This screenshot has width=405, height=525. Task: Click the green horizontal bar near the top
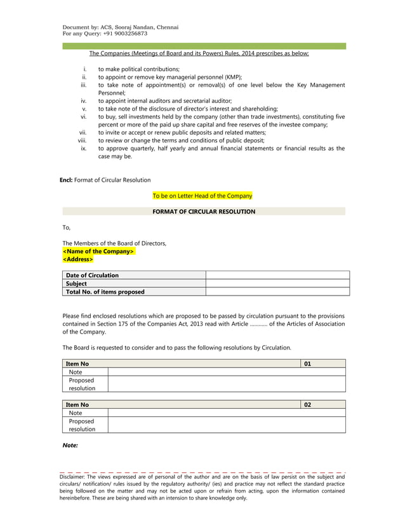point(203,46)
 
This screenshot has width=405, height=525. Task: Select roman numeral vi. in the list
point(83,117)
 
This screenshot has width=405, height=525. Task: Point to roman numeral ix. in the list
point(83,148)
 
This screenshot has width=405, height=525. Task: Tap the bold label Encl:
point(65,180)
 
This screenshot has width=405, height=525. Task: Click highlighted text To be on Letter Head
point(202,196)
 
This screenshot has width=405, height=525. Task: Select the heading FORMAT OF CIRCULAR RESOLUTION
point(204,212)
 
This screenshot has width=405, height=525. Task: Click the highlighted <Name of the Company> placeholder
point(98,251)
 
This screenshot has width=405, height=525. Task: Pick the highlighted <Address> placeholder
point(78,259)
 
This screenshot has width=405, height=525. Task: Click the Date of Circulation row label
point(92,275)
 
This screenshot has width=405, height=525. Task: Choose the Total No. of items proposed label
point(105,292)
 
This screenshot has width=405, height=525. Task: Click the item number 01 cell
point(322,364)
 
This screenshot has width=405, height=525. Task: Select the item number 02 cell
point(322,404)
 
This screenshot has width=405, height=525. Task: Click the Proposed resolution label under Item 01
point(82,384)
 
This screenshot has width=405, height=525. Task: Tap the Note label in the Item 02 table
point(76,412)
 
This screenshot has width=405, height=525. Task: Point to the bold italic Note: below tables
point(70,446)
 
